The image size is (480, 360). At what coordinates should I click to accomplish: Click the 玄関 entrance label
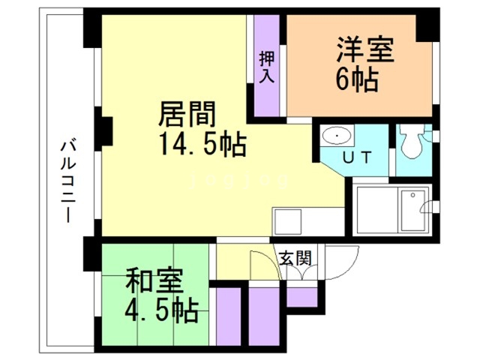point(295,258)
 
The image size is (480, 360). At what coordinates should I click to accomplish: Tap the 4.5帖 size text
point(160,309)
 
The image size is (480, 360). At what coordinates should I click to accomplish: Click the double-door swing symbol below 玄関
point(299,274)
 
